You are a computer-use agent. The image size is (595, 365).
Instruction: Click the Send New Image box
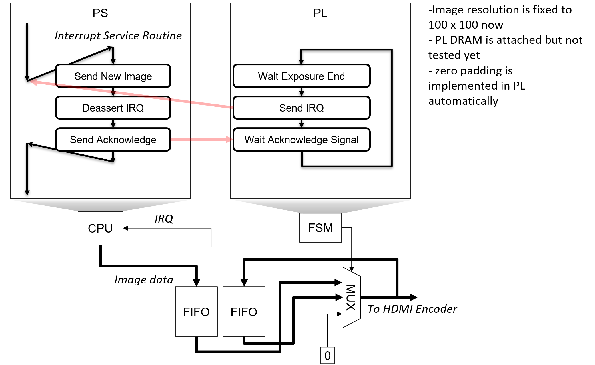tap(113, 76)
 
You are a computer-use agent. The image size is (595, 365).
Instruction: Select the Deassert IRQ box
tap(113, 108)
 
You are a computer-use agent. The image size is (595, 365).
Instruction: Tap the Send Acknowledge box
tap(113, 140)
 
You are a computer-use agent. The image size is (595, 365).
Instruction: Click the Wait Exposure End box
tap(302, 76)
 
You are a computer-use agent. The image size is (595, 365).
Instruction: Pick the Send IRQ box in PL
tap(302, 108)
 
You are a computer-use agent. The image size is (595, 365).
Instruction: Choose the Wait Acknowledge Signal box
tap(302, 140)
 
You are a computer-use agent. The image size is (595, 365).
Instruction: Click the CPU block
tap(100, 228)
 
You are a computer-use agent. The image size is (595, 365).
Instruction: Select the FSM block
tap(320, 228)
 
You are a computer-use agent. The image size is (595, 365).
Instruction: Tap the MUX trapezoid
tap(351, 297)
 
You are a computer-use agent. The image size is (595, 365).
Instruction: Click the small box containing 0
tap(328, 356)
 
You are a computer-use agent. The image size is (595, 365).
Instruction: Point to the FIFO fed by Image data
tap(196, 312)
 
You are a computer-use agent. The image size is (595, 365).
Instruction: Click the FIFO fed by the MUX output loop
tap(244, 312)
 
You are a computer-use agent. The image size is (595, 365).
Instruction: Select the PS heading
tap(100, 13)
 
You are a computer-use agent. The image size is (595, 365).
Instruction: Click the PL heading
tap(320, 13)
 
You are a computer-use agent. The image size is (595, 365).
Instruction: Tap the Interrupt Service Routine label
tap(118, 36)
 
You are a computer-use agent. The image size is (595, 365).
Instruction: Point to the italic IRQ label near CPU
tap(164, 219)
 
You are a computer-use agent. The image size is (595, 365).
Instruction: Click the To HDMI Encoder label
tap(412, 309)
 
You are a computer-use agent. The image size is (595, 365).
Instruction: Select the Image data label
tap(144, 280)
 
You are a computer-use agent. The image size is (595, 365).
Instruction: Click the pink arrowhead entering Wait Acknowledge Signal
tap(229, 140)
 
